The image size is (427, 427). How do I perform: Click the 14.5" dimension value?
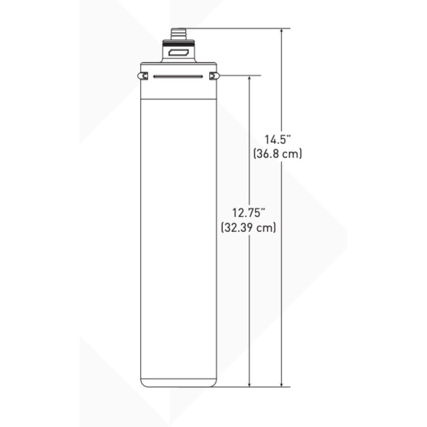pos(278,139)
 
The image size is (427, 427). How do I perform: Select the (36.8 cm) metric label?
pos(278,154)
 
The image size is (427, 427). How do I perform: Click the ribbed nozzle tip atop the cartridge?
pos(178,33)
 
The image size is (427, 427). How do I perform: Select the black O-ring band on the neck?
pos(178,43)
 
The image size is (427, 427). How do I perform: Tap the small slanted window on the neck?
pos(178,54)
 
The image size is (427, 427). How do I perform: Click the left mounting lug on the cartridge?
pos(142,76)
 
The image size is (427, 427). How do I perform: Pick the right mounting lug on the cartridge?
pos(214,76)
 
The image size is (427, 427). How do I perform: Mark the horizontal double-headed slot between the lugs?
pos(178,77)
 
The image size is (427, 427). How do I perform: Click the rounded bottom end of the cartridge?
pos(178,383)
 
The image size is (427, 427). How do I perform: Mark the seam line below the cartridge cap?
pos(178,99)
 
